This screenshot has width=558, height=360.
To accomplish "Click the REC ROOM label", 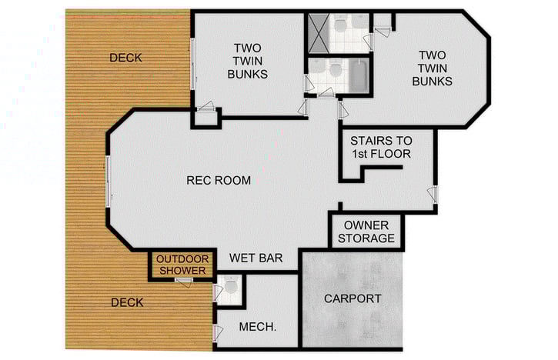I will pos(219,181).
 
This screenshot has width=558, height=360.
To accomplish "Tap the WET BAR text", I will pos(253,258).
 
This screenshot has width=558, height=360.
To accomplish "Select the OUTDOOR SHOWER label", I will pos(182,265).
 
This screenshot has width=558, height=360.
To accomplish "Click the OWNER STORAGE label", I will pos(366,232).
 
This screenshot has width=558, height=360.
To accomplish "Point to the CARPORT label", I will pos(353,298).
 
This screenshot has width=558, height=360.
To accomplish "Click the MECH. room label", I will pos(259,327).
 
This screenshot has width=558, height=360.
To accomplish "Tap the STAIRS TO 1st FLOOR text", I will pos(381,148).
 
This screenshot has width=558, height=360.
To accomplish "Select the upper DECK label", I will pos(125,58).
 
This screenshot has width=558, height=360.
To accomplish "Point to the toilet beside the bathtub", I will pos(333,71).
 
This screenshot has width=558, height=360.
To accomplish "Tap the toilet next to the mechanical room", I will pos(231,288).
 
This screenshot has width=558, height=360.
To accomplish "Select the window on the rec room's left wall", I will pos(109,180).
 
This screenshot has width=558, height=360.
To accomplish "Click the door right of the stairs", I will pos(434,195).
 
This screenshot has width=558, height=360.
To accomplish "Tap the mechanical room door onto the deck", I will pos(216,332).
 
